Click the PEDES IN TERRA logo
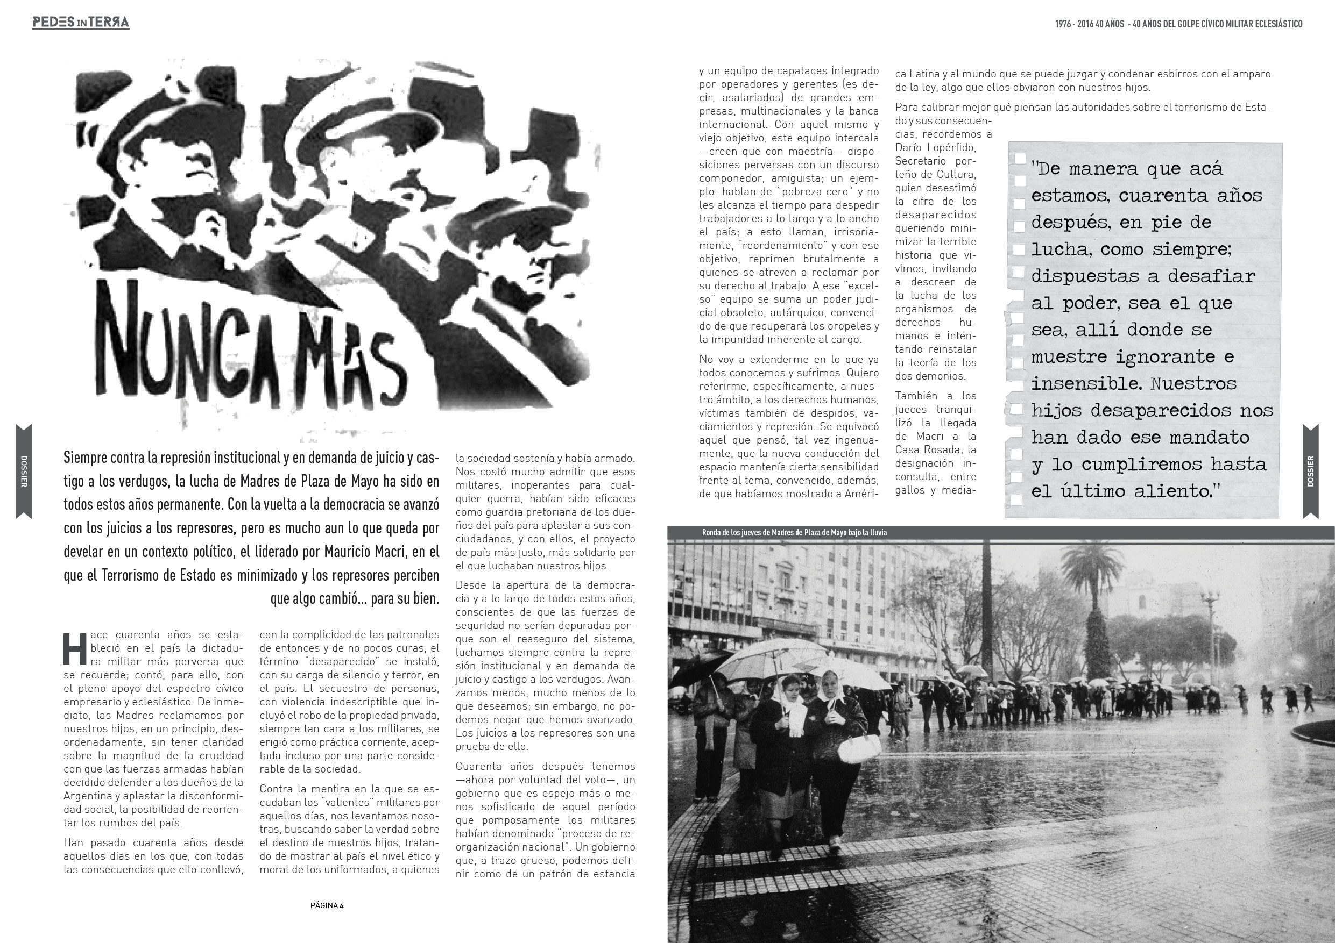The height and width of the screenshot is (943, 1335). click(81, 23)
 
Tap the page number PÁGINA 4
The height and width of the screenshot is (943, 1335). click(327, 905)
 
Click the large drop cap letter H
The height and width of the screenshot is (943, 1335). click(74, 648)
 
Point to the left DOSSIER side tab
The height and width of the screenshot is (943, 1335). click(24, 471)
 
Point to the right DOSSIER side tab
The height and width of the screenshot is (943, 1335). click(1311, 471)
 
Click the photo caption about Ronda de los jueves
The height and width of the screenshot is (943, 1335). click(794, 533)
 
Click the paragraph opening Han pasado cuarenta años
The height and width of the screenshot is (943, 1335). click(153, 856)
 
